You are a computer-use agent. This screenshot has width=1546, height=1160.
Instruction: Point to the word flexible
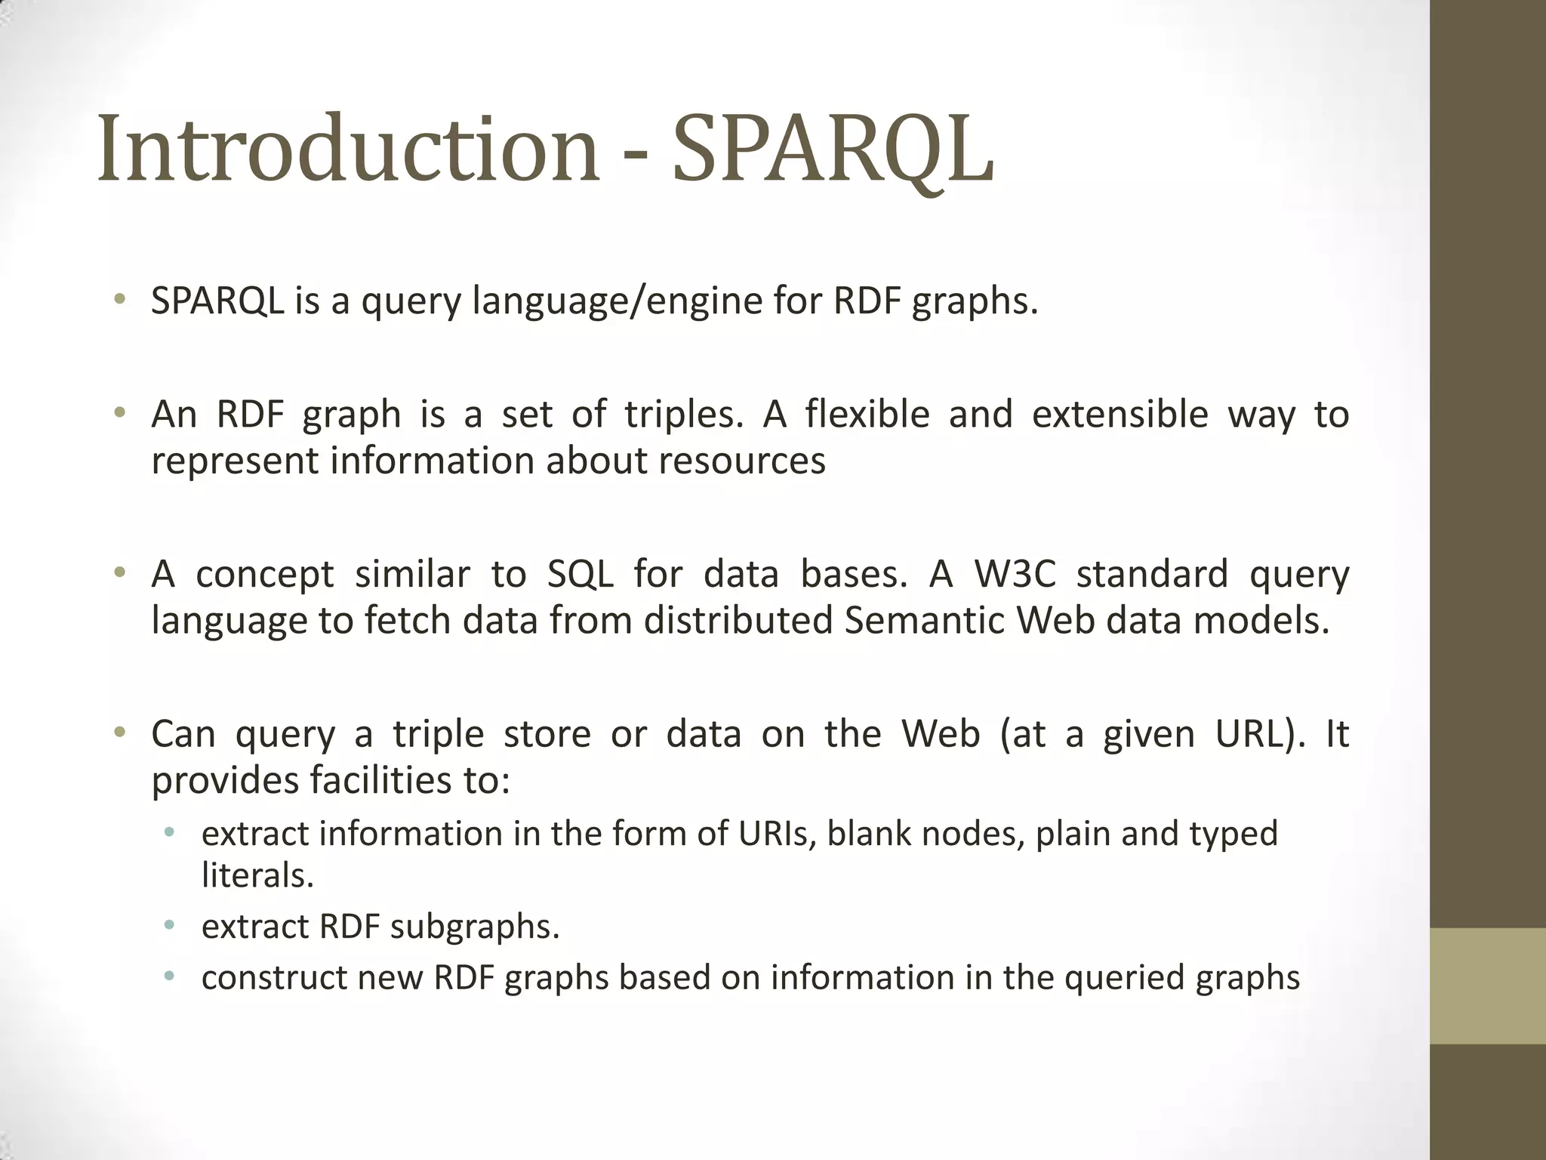pos(867,415)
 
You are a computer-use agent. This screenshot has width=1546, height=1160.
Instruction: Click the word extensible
pos(1120,415)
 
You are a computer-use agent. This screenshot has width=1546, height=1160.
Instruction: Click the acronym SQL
pos(581,574)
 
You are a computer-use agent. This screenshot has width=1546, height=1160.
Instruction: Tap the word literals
pos(257,876)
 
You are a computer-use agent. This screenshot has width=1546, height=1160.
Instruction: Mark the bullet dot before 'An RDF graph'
pos(119,413)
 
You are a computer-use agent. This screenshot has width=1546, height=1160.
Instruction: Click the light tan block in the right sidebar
pos(1488,986)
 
